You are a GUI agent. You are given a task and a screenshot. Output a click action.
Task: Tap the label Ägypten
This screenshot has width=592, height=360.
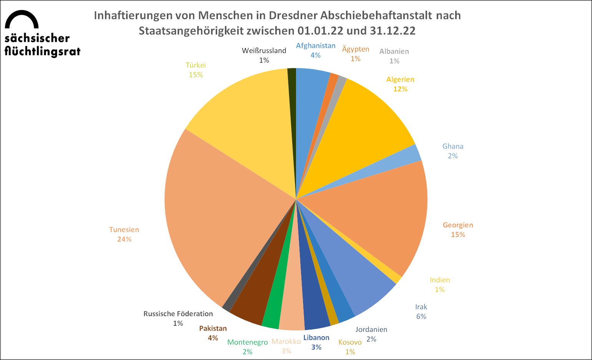pyautogui.click(x=356, y=49)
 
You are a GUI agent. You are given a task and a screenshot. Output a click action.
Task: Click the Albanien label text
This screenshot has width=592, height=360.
pyautogui.click(x=394, y=51)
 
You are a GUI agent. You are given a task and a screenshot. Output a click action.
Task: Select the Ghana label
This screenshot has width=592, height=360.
pyautogui.click(x=453, y=146)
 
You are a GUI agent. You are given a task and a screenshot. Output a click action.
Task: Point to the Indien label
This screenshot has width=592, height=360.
pyautogui.click(x=440, y=280)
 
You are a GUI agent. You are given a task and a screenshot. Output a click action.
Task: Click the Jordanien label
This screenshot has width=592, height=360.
pyautogui.click(x=371, y=329)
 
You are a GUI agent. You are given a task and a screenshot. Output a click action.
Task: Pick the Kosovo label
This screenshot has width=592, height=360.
pyautogui.click(x=350, y=342)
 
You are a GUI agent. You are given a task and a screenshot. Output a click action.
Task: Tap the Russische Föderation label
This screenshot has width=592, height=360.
pyautogui.click(x=178, y=314)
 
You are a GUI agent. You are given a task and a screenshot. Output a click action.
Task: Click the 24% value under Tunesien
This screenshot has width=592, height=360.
pyautogui.click(x=124, y=239)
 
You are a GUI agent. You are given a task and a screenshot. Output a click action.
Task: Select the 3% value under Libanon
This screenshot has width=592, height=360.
pyautogui.click(x=316, y=347)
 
